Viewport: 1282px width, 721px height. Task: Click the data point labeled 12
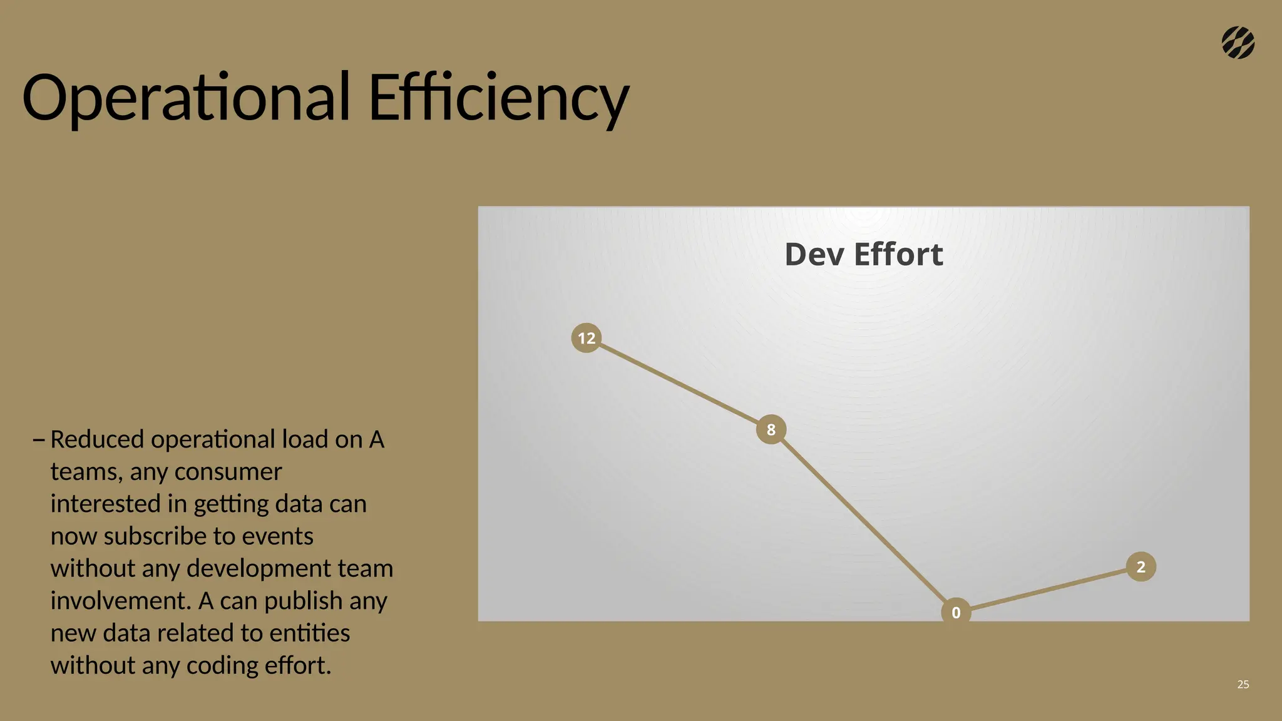587,338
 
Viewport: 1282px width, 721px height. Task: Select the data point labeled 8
771,429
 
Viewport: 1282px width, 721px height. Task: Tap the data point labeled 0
956,612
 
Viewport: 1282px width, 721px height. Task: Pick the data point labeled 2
1141,566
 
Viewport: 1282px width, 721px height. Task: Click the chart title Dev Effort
863,254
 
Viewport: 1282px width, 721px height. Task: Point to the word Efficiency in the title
498,98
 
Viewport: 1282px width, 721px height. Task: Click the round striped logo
1238,43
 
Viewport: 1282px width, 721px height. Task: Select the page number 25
1243,684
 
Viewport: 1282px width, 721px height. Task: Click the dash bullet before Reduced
38,440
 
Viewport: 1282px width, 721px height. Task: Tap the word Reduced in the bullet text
97,439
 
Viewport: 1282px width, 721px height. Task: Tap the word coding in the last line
222,665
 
